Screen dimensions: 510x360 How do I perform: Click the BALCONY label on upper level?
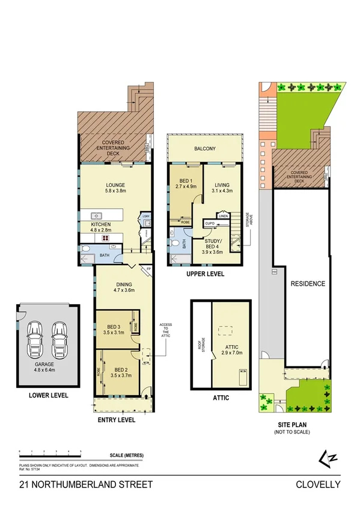[x=205, y=149]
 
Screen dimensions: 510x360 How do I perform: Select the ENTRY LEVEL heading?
[x=116, y=420]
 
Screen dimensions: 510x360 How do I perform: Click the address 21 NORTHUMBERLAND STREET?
[x=78, y=485]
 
